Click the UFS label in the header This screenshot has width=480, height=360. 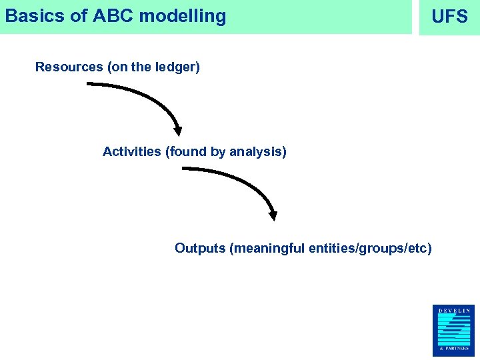(449, 17)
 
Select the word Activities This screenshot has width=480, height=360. (131, 152)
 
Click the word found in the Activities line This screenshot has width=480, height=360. (188, 152)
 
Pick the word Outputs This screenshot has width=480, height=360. (199, 249)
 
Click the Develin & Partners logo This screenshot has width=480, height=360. (454, 330)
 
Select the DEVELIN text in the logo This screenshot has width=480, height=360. (454, 310)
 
